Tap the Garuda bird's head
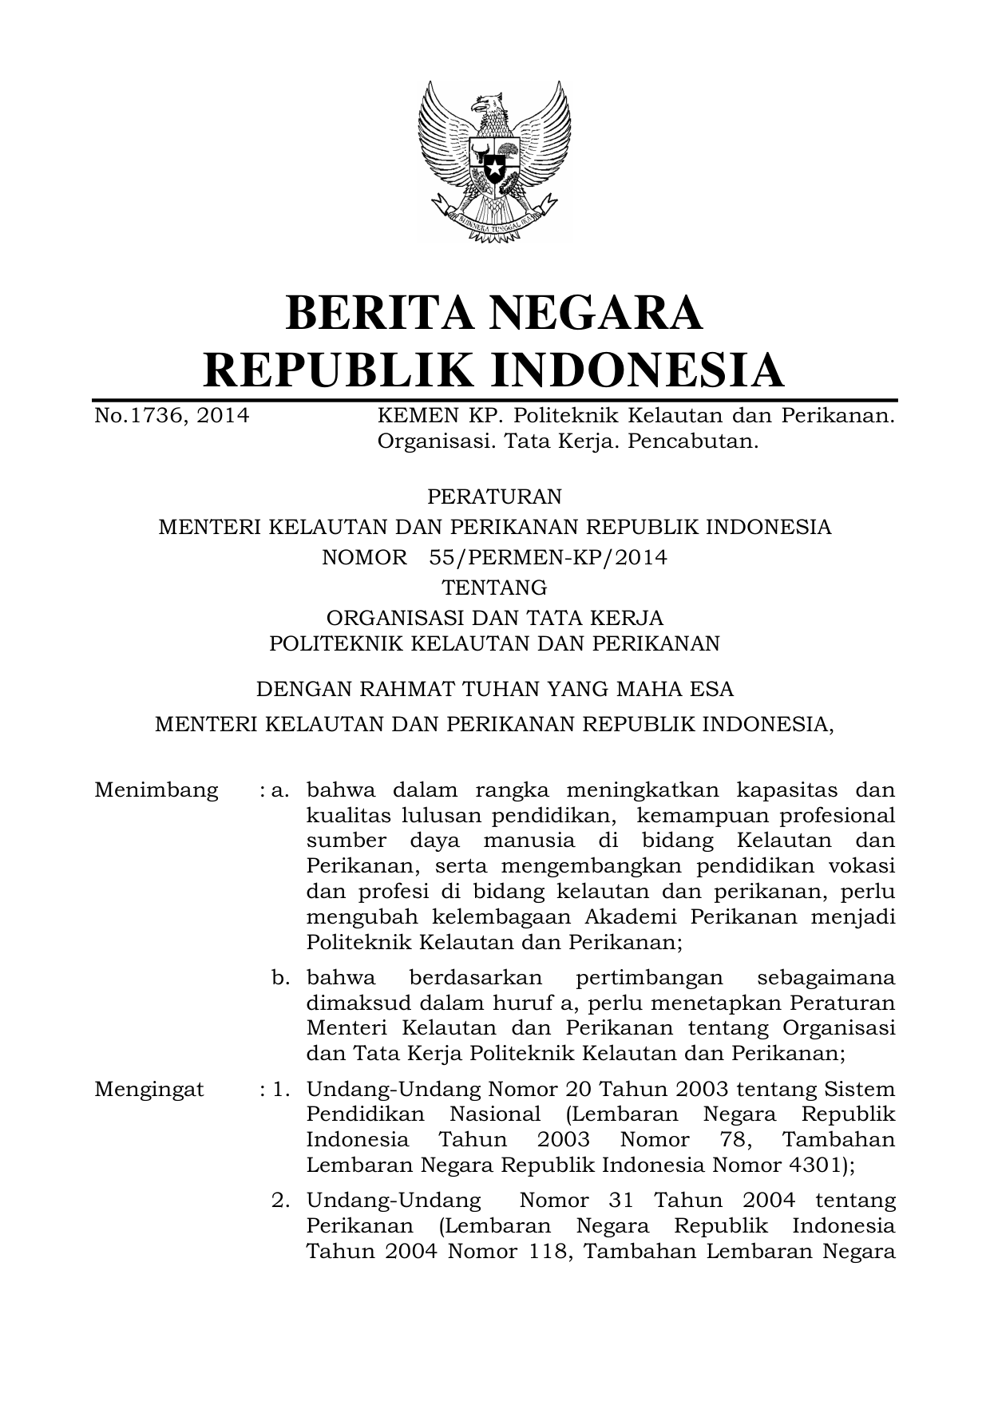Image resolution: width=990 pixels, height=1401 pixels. [x=489, y=104]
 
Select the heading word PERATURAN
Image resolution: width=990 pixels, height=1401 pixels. [x=494, y=497]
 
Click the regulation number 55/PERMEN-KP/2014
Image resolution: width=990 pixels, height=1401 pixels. [x=548, y=557]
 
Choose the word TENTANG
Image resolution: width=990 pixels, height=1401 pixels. [x=494, y=588]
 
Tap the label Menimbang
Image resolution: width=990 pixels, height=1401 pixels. [x=156, y=790]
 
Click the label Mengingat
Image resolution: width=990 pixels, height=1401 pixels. [x=149, y=1090]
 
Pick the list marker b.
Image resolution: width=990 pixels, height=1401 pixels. [x=280, y=978]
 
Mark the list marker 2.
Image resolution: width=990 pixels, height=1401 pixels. [x=280, y=1201]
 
